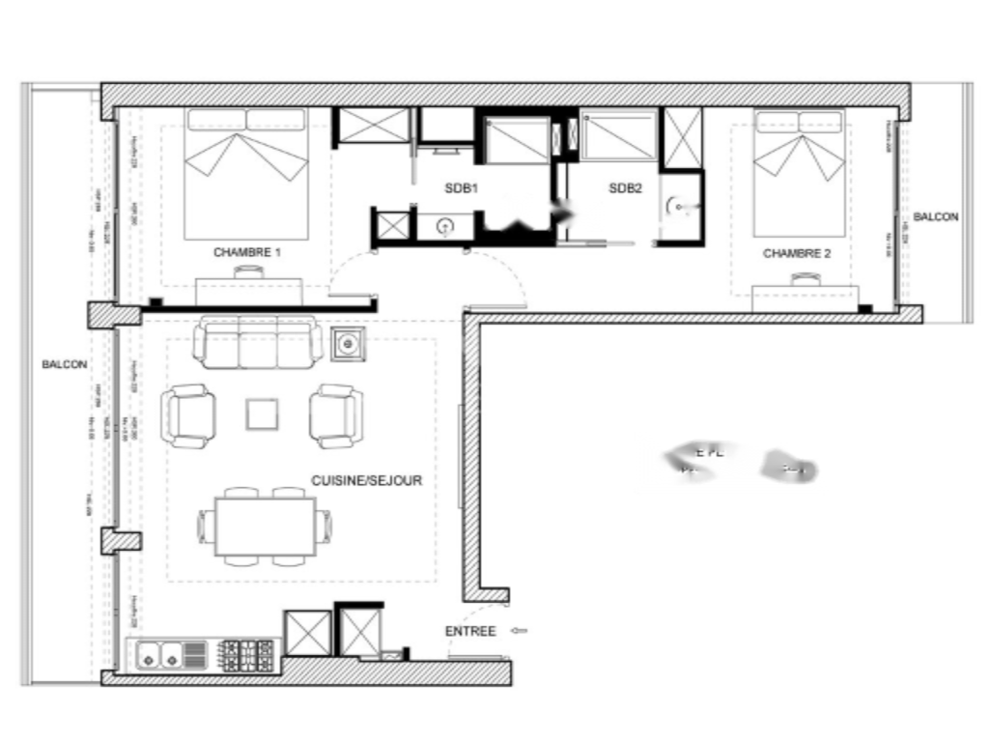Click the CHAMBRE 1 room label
pyautogui.click(x=246, y=252)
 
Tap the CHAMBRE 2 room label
pyautogui.click(x=797, y=254)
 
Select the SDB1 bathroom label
pyautogui.click(x=462, y=188)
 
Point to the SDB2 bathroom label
pyautogui.click(x=625, y=188)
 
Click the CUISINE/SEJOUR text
pyautogui.click(x=366, y=480)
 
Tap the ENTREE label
pyautogui.click(x=470, y=632)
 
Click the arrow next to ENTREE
pyautogui.click(x=519, y=632)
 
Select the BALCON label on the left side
pyautogui.click(x=64, y=364)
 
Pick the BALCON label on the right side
pyautogui.click(x=935, y=217)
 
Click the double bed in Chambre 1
pyautogui.click(x=246, y=174)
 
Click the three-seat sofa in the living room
pyautogui.click(x=258, y=342)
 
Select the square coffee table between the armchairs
pyautogui.click(x=263, y=414)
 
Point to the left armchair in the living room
pyautogui.click(x=188, y=415)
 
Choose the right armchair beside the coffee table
pyautogui.click(x=336, y=415)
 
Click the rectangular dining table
pyautogui.click(x=265, y=527)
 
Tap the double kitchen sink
pyautogui.click(x=158, y=656)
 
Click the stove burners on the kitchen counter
pyautogui.click(x=249, y=655)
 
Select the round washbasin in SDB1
pyautogui.click(x=445, y=226)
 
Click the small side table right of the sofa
pyautogui.click(x=348, y=343)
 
